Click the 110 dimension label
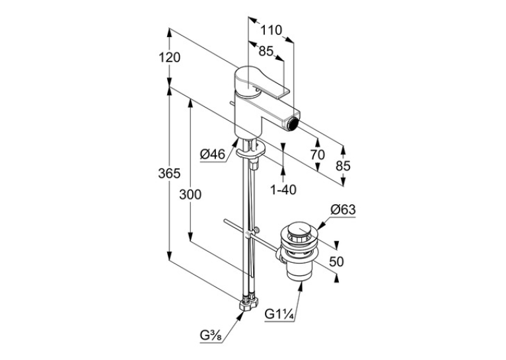click(271, 30)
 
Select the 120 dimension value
click(169, 57)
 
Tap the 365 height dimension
click(169, 174)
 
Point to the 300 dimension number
click(190, 195)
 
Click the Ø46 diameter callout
click(212, 155)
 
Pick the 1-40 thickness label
click(283, 190)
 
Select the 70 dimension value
click(318, 155)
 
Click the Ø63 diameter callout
click(343, 210)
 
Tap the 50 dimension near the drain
click(337, 262)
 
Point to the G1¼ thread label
click(279, 314)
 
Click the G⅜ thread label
click(211, 336)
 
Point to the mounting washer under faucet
click(251, 151)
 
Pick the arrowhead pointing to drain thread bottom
click(301, 286)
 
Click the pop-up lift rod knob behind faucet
click(231, 103)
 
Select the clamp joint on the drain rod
click(251, 233)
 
